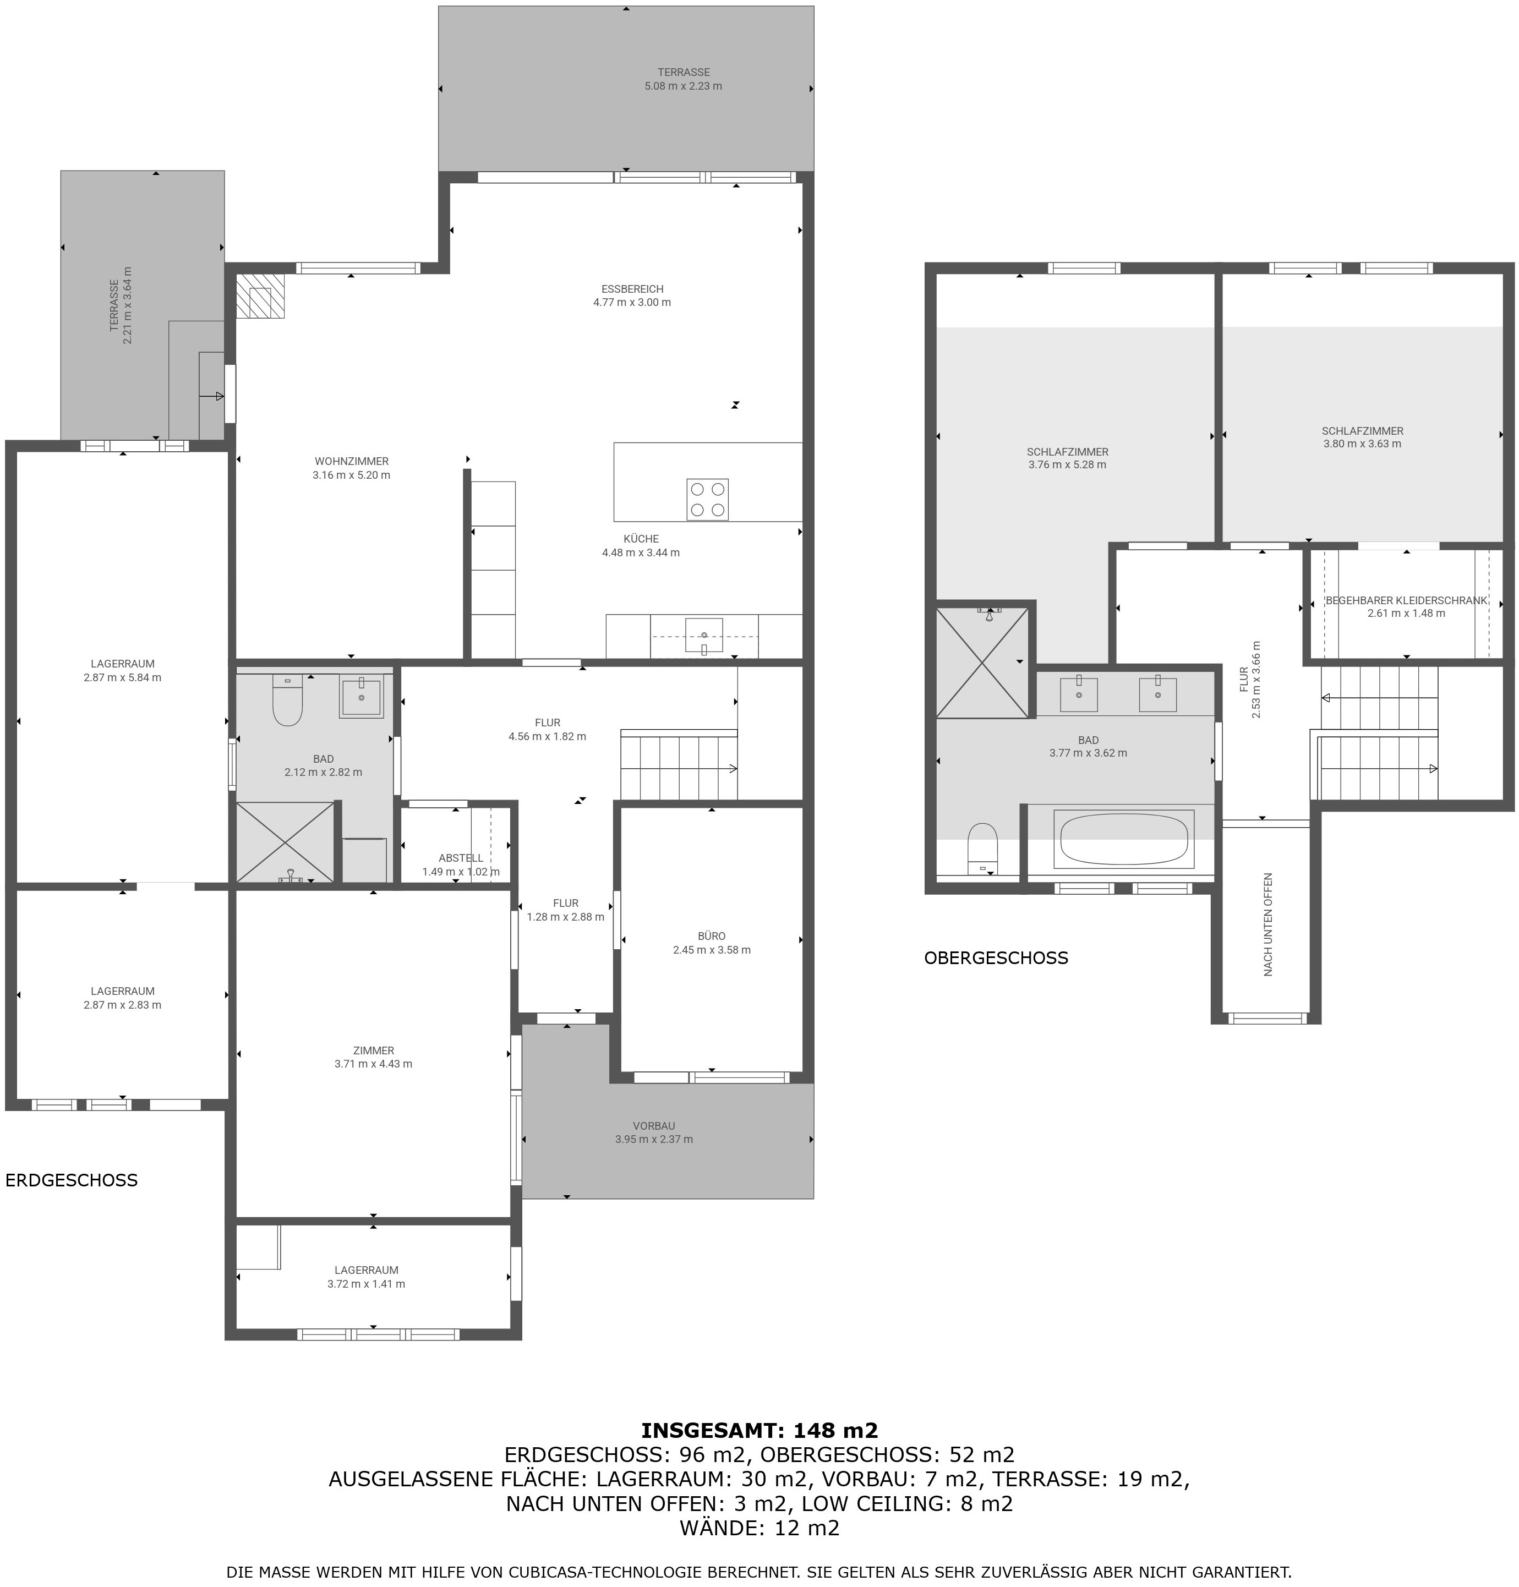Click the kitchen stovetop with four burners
point(707,500)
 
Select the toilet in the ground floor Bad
point(287,701)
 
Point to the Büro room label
point(712,936)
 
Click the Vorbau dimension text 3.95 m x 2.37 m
point(653,1139)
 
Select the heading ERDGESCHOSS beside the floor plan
point(71,1180)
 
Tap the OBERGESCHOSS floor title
point(996,958)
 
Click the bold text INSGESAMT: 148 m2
point(759,1431)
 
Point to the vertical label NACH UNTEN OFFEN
point(1268,924)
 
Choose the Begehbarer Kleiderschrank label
point(1407,601)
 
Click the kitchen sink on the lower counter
point(704,636)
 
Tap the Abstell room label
point(461,858)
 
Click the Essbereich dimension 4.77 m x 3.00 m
point(632,303)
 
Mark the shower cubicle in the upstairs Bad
point(983,663)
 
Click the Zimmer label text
point(373,1050)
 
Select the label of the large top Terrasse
point(684,72)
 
